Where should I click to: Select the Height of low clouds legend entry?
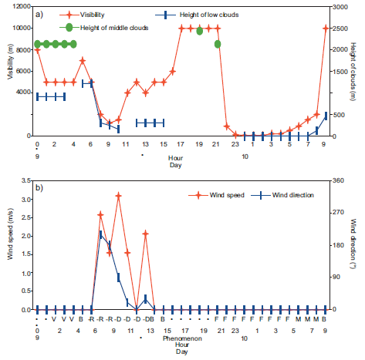coord(202,14)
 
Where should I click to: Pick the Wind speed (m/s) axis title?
coord(10,245)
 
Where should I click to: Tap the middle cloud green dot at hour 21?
coord(218,44)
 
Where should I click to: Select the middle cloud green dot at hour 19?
coord(200,32)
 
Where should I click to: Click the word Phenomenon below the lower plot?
coord(183,338)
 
